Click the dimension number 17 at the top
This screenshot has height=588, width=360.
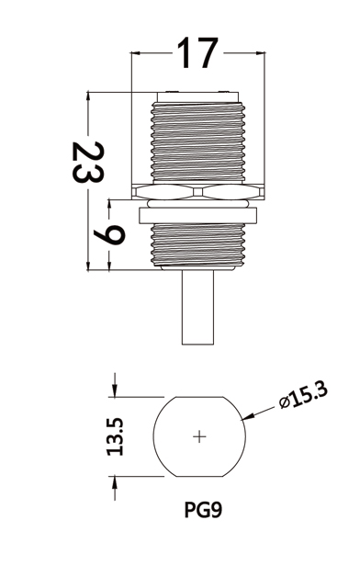[197, 53]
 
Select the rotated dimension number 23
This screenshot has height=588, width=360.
[88, 163]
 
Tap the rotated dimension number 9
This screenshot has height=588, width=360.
[109, 234]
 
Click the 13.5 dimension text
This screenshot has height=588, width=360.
[115, 436]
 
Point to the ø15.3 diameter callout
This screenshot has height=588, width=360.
[303, 395]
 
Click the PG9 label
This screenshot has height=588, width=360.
[203, 510]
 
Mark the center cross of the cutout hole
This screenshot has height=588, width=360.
[199, 436]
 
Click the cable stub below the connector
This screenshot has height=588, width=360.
[198, 307]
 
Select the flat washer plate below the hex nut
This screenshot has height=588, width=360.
[198, 215]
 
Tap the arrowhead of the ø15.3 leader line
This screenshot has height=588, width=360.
[248, 416]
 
